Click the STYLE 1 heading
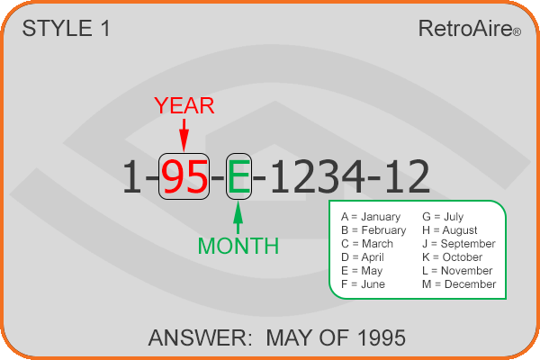[x=66, y=28]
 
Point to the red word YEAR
[x=184, y=105]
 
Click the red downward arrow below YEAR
[x=184, y=135]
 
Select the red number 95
[x=184, y=176]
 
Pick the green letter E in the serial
[x=238, y=176]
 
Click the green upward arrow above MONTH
[x=238, y=218]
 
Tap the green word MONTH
[x=238, y=246]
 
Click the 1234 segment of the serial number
[x=317, y=176]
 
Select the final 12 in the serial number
[x=407, y=176]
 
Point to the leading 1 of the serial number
[x=132, y=176]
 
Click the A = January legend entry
[x=371, y=217]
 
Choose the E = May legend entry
[x=362, y=271]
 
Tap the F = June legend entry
[x=363, y=284]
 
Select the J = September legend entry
[x=459, y=244]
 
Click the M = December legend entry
[x=459, y=284]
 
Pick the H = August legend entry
[x=450, y=230]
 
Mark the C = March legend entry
[x=367, y=244]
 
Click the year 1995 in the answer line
[x=382, y=337]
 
